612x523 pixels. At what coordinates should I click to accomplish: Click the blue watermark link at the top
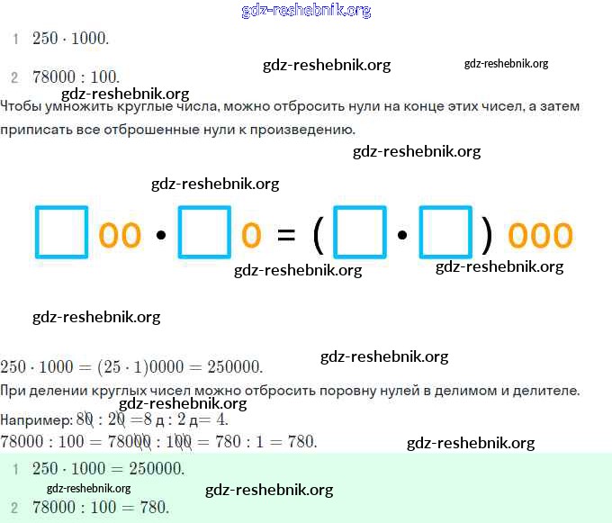(306, 11)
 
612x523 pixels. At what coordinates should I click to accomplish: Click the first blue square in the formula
(61, 233)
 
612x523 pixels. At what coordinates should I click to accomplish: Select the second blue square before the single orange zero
(205, 233)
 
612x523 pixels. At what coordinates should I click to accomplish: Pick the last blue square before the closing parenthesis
(445, 233)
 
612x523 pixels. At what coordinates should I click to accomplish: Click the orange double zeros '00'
(120, 235)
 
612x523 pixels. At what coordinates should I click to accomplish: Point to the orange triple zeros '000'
(540, 235)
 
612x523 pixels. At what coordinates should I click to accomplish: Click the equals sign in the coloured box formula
(286, 235)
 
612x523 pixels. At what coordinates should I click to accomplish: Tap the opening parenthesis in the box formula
(318, 235)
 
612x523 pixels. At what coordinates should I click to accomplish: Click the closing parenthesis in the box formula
(487, 235)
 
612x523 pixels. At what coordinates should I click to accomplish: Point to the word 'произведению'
(306, 129)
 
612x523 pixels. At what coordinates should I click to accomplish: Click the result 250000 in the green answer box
(157, 469)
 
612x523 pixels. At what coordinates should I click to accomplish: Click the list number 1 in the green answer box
(14, 469)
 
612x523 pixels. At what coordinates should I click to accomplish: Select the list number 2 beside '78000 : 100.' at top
(14, 77)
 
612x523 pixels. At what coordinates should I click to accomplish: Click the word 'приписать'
(33, 129)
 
